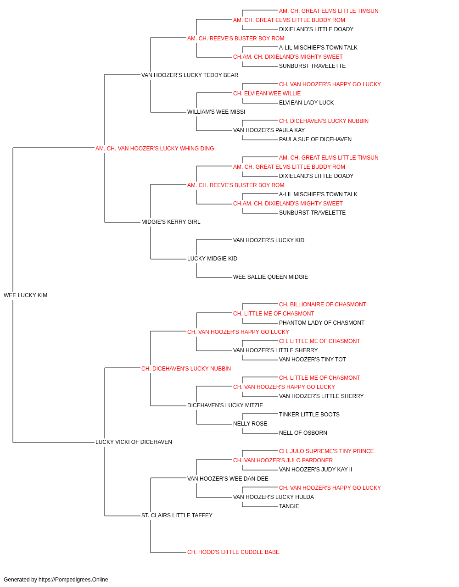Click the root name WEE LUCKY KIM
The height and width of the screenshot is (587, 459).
(x=25, y=295)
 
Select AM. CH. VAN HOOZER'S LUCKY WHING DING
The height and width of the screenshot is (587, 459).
(x=155, y=149)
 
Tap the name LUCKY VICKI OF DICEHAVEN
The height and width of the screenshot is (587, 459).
(x=134, y=442)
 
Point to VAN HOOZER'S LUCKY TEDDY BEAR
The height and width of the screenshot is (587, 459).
(x=190, y=75)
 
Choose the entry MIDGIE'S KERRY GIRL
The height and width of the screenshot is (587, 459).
(x=171, y=222)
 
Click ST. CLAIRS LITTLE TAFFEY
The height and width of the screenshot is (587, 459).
(x=177, y=515)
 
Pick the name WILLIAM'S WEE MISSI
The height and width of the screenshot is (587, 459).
(x=216, y=112)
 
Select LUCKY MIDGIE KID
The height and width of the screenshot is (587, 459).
(x=212, y=259)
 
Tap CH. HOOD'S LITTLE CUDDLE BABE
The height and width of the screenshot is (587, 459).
(x=233, y=552)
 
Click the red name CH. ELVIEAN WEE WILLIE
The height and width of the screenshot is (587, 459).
(x=267, y=94)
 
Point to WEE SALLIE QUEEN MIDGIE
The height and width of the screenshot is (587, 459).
(x=271, y=277)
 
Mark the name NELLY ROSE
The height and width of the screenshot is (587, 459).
(x=250, y=424)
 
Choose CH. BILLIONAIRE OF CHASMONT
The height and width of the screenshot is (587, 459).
(x=323, y=305)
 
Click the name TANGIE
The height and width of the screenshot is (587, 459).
(x=289, y=506)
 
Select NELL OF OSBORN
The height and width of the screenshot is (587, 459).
(x=303, y=433)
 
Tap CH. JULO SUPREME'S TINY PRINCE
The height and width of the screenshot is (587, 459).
(x=326, y=451)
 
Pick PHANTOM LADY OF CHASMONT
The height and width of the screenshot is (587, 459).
(x=322, y=323)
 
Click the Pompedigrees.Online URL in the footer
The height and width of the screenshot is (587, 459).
(x=73, y=580)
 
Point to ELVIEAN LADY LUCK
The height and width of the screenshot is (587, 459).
(x=306, y=103)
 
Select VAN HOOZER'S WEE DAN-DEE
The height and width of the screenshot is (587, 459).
(x=228, y=479)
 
